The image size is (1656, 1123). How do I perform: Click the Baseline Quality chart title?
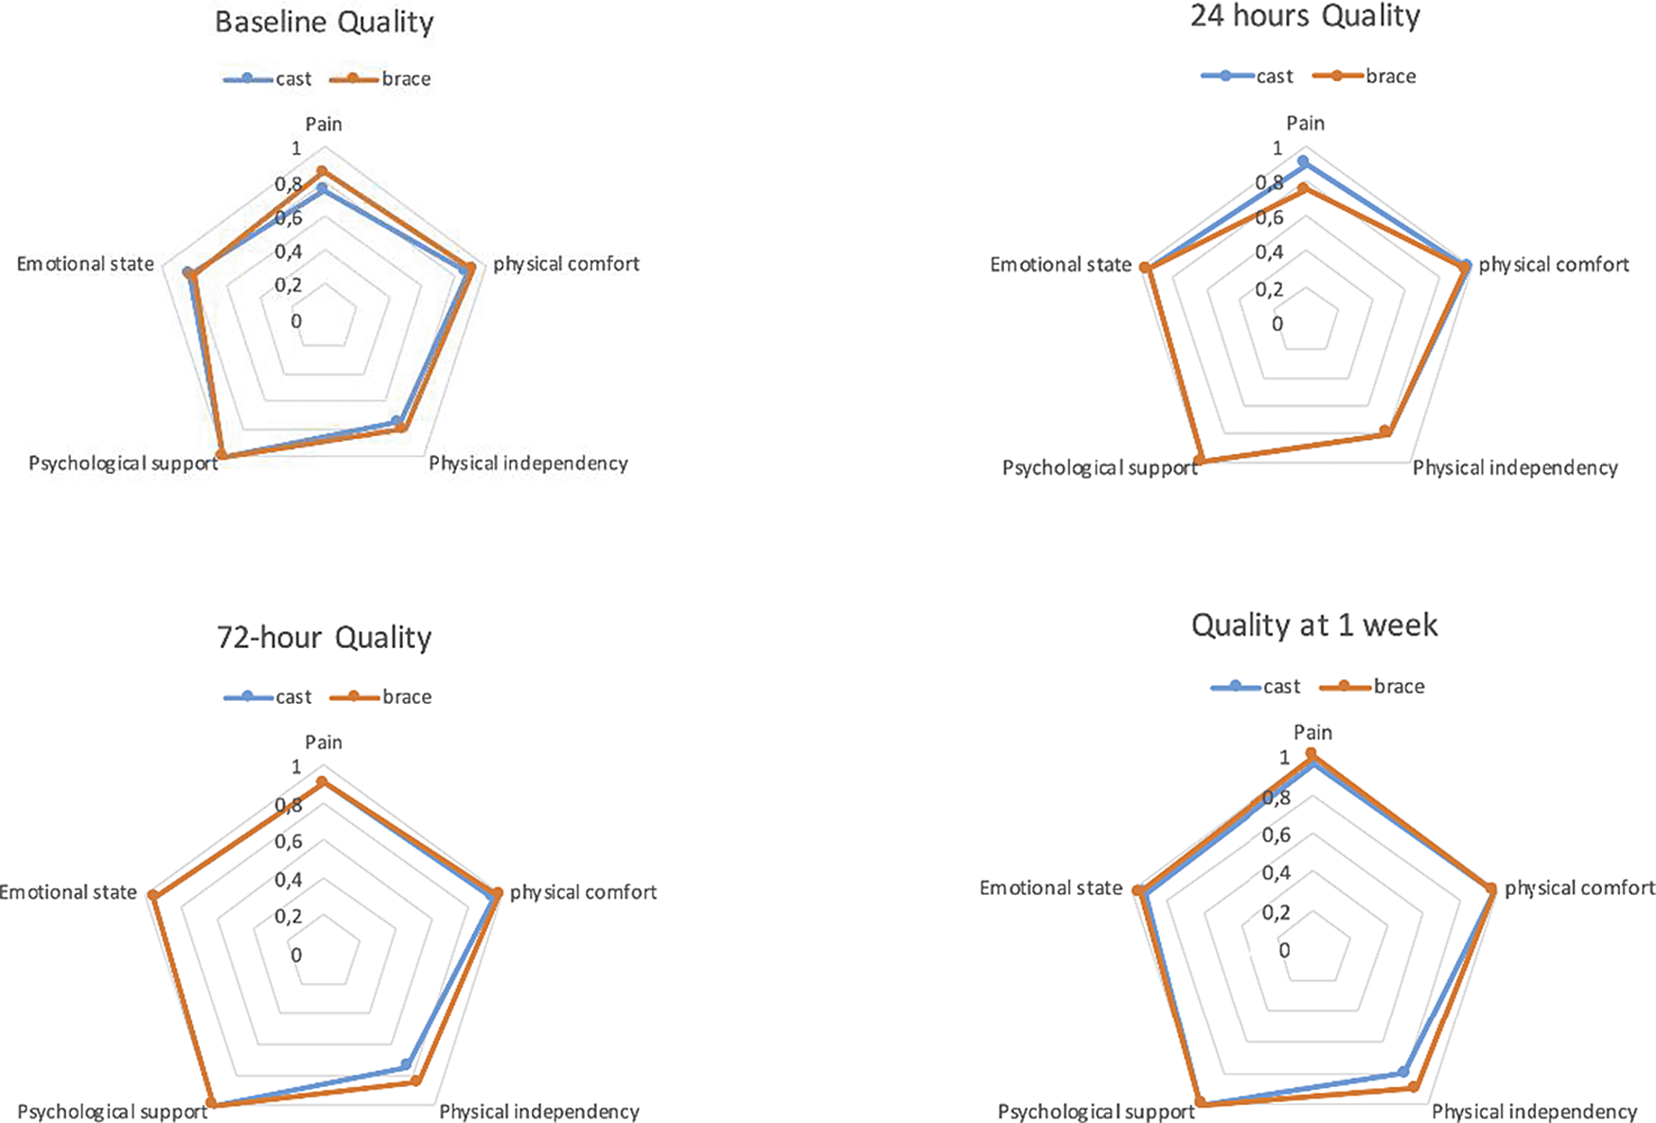pos(324,23)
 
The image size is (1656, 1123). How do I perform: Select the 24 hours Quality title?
pos(1305,17)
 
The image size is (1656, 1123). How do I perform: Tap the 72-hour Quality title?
pos(324,638)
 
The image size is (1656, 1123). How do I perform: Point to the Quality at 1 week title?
pos(1314,625)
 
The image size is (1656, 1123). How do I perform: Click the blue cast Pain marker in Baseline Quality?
pos(322,189)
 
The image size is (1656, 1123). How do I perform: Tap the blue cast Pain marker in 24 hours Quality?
pos(1303,162)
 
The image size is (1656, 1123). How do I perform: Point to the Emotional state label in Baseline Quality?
pos(85,264)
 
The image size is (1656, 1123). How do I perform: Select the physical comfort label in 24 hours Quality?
pos(1553,265)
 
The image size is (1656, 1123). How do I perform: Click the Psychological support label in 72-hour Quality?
pos(112,1112)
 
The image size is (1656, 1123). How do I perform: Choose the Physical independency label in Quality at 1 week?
pos(1533,1112)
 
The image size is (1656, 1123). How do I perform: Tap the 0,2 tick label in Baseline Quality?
pos(289,286)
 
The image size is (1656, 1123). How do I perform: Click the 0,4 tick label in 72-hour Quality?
pos(289,880)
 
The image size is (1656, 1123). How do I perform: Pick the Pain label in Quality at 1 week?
pos(1312,732)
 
